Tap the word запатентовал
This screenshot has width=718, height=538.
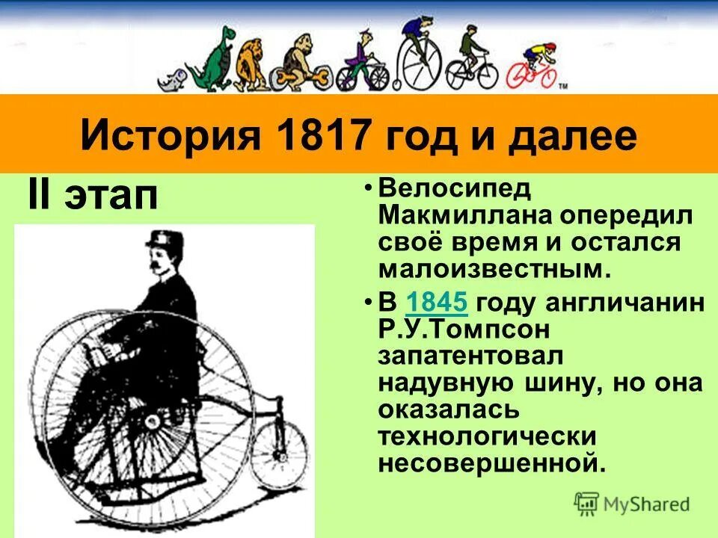click(x=471, y=356)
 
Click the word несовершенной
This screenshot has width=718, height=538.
click(x=490, y=463)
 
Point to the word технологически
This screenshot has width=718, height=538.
click(x=497, y=436)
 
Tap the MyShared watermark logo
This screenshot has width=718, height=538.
click(x=631, y=504)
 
